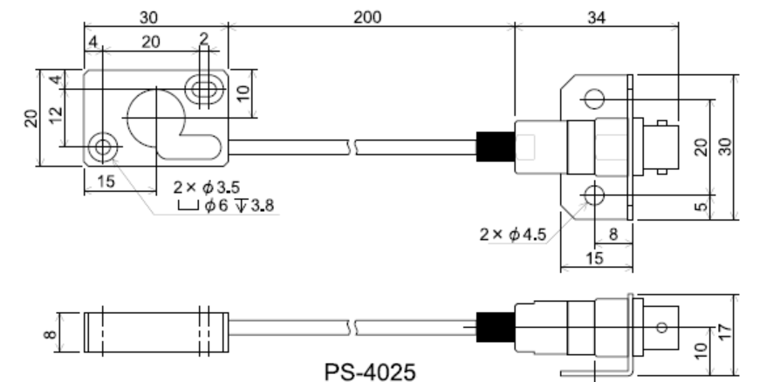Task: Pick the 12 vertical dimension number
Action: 56,114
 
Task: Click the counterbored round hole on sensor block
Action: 105,147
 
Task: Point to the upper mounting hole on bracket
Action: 594,97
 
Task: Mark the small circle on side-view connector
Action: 660,328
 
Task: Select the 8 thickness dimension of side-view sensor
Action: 50,331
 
